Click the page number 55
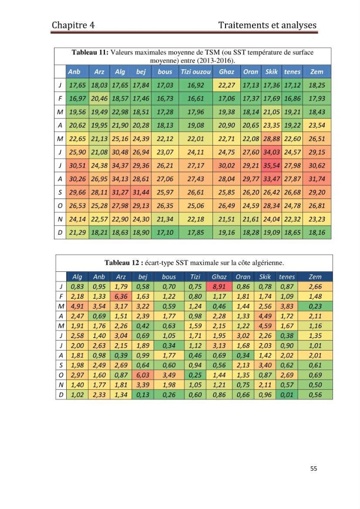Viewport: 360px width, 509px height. pos(314,468)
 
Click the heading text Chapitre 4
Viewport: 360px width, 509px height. pos(73,25)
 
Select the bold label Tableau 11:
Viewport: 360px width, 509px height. pos(90,52)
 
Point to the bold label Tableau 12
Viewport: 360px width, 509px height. pos(121,263)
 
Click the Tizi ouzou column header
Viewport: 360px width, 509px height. pos(196,72)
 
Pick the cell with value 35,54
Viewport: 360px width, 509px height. pos(271,165)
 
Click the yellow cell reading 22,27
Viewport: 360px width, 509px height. pos(227,85)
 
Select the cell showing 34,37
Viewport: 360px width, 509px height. pos(120,165)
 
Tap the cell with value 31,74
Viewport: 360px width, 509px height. pos(317,179)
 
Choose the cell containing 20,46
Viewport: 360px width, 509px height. pos(99,98)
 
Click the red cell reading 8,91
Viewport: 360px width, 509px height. pos(219,287)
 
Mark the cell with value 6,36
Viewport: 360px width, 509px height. pos(121,296)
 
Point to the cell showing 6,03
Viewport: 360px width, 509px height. pos(143,375)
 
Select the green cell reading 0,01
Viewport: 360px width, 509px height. pos(287,395)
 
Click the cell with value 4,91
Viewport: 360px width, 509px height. pos(77,306)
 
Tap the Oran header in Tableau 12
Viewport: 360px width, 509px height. pos(243,277)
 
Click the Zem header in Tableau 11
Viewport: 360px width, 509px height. pos(317,72)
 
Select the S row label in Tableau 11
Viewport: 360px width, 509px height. pos(60,192)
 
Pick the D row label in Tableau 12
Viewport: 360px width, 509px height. pos(61,395)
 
